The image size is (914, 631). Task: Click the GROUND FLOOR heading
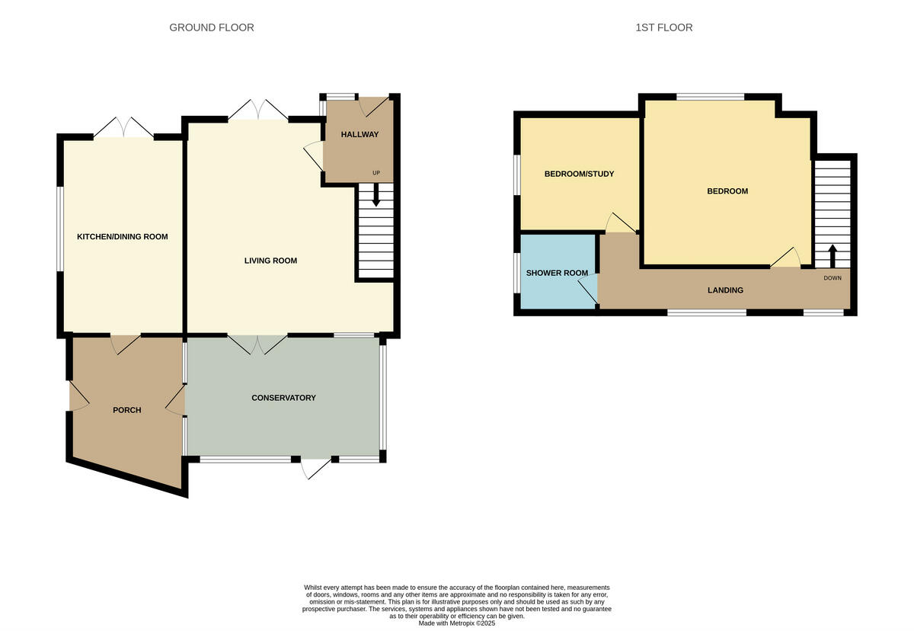[x=212, y=27]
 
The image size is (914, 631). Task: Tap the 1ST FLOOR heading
[x=664, y=27]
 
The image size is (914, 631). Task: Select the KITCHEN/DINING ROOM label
[x=123, y=237]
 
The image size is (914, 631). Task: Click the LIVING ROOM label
[x=270, y=261]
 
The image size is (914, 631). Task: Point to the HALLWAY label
[x=360, y=135]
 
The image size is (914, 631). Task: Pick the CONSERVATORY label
[x=283, y=398]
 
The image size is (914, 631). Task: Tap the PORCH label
[x=127, y=410]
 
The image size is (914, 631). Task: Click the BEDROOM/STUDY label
[x=579, y=174]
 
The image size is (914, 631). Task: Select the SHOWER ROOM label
[x=557, y=273]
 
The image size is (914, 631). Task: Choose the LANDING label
[x=725, y=290]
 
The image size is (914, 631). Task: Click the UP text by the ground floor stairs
[x=376, y=173]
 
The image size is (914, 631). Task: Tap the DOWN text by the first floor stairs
[x=833, y=278]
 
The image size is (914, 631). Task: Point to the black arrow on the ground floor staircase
[x=376, y=197]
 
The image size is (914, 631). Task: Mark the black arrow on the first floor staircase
[x=832, y=254]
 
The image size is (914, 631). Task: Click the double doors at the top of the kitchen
[x=123, y=127]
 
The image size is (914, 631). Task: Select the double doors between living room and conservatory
[x=257, y=345]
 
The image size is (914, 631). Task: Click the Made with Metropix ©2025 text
[x=457, y=623]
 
